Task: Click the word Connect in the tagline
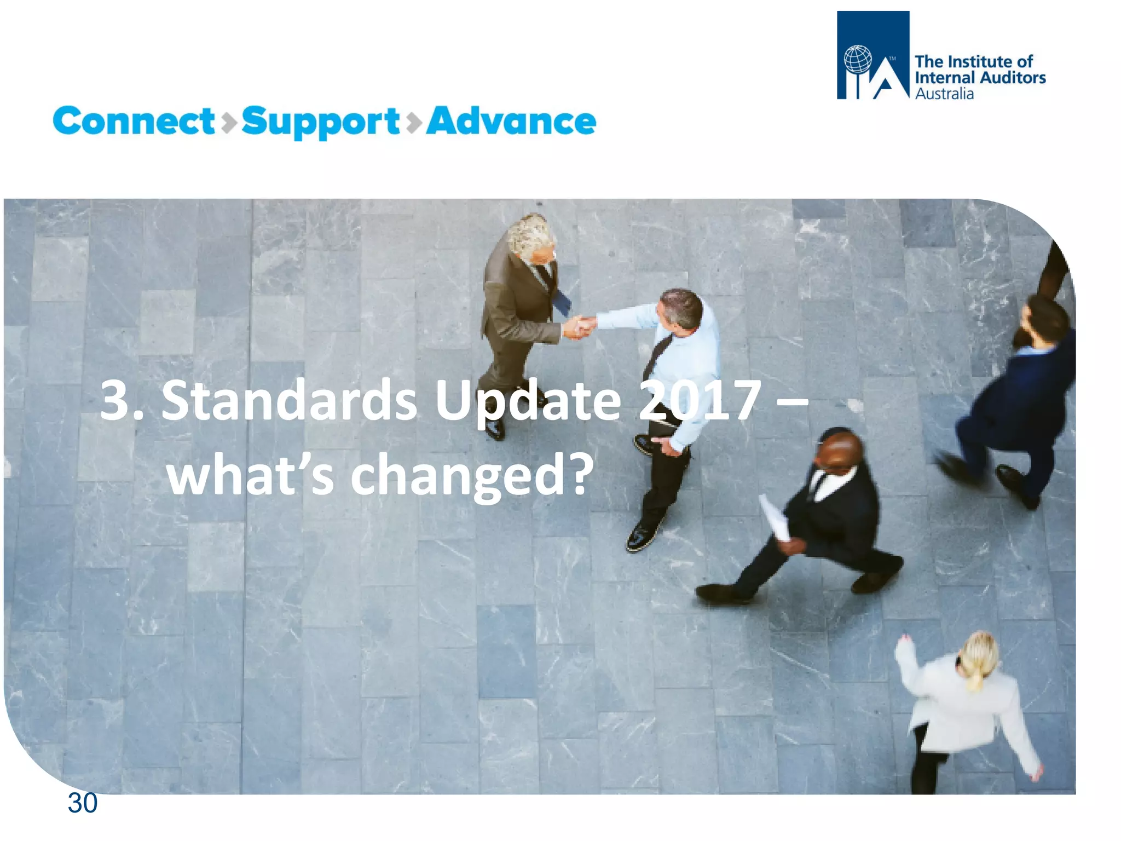point(134,121)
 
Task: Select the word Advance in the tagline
point(511,121)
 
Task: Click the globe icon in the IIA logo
point(857,59)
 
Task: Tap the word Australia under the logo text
point(944,94)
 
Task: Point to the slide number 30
point(82,803)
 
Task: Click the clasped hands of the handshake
point(580,326)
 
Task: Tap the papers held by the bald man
point(775,518)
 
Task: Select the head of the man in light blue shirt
point(680,309)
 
